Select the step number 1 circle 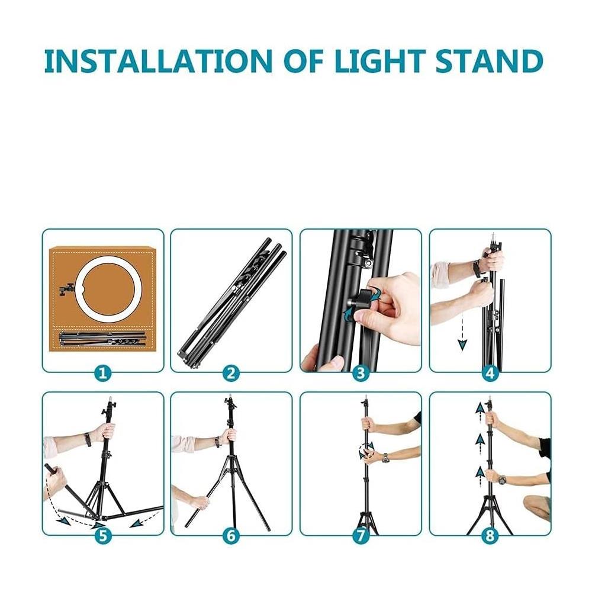[103, 373]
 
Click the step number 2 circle [231, 373]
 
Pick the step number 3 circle [361, 373]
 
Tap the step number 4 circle [490, 373]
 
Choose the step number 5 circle [103, 536]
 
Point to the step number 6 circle [231, 536]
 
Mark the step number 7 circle [361, 536]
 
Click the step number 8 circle [490, 536]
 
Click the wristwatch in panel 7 [385, 458]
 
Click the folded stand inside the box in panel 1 [102, 339]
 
